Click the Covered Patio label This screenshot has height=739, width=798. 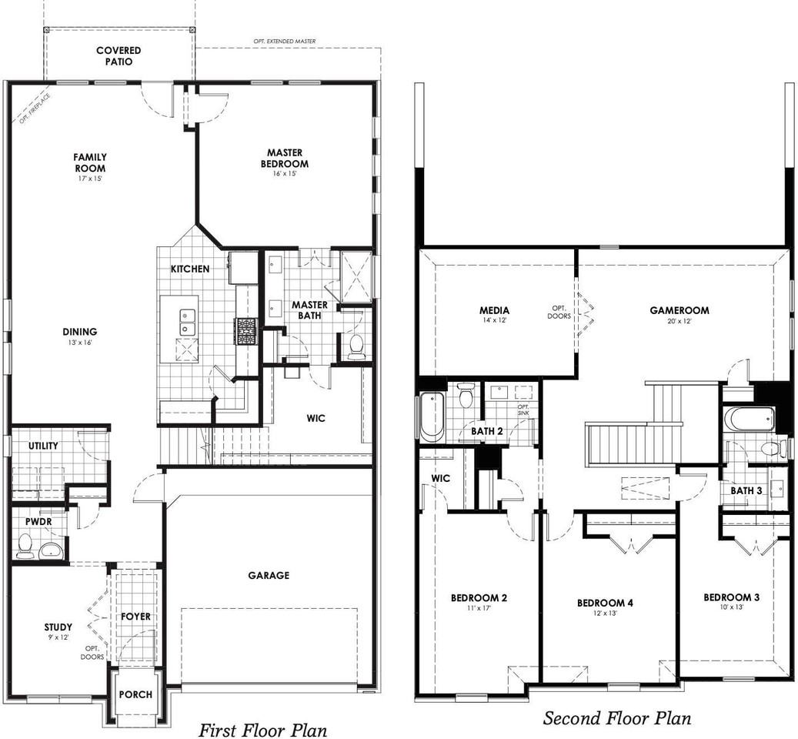click(x=119, y=56)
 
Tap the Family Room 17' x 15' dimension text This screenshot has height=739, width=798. click(x=89, y=179)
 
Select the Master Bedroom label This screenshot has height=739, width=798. click(x=285, y=159)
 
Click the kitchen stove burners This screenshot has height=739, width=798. click(x=246, y=331)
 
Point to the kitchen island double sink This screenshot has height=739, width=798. click(x=186, y=322)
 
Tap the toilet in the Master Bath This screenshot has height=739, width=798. click(x=356, y=346)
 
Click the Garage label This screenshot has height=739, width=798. click(x=269, y=575)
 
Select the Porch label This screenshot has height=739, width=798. click(x=135, y=694)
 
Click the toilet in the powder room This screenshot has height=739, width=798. click(x=24, y=546)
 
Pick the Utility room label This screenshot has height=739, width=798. click(x=43, y=446)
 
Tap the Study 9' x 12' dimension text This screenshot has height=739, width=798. click(x=58, y=637)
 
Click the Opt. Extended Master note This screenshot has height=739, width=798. click(x=285, y=42)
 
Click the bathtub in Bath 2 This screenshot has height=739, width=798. click(x=432, y=415)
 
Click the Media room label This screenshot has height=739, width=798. click(x=494, y=310)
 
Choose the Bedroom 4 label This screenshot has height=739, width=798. click(x=605, y=603)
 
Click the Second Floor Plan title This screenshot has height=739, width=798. click(x=617, y=718)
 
